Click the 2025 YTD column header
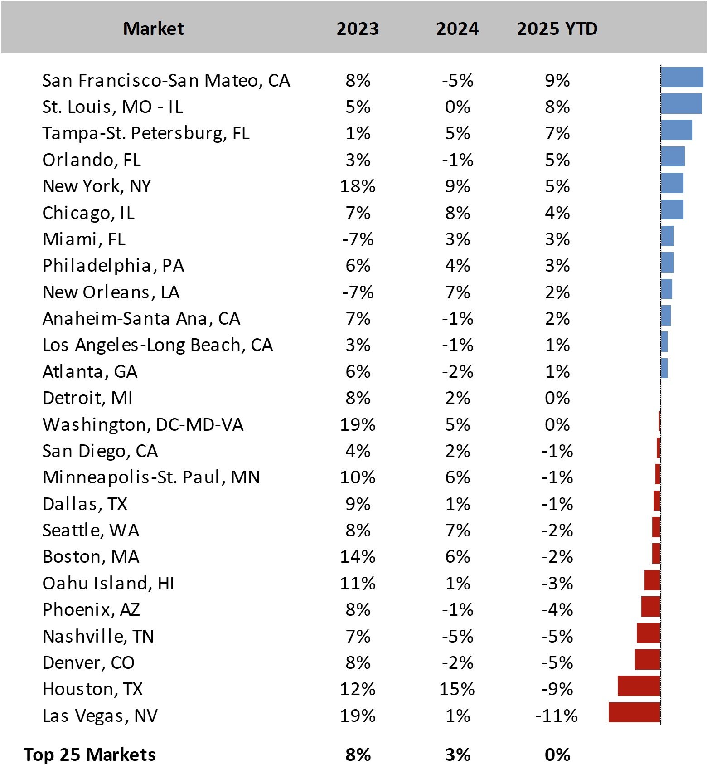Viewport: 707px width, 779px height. (x=557, y=29)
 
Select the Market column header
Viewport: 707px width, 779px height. (x=153, y=29)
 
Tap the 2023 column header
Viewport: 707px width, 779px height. (x=358, y=29)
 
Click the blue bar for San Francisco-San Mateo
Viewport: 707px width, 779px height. (x=682, y=77)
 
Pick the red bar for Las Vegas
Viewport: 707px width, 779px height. (x=634, y=712)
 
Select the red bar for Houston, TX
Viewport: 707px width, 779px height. (x=639, y=686)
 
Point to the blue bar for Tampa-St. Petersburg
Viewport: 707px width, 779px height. (x=676, y=130)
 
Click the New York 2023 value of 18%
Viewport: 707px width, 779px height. (x=358, y=186)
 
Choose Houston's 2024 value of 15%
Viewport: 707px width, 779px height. (x=457, y=689)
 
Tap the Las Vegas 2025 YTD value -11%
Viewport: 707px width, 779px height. (x=557, y=716)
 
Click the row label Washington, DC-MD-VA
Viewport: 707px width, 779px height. (x=143, y=425)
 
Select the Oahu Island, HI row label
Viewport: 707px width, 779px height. (x=108, y=584)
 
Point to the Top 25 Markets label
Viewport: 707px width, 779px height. (x=90, y=755)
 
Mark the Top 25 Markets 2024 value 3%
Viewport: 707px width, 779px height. (x=458, y=755)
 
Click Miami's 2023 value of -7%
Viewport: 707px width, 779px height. (x=358, y=239)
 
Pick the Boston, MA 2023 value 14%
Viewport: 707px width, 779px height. (x=358, y=557)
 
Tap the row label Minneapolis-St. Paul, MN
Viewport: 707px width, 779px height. (x=151, y=477)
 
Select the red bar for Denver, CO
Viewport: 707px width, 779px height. (x=647, y=659)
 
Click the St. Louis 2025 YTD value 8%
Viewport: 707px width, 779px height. (x=557, y=107)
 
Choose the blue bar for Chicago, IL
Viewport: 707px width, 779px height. (x=672, y=209)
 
